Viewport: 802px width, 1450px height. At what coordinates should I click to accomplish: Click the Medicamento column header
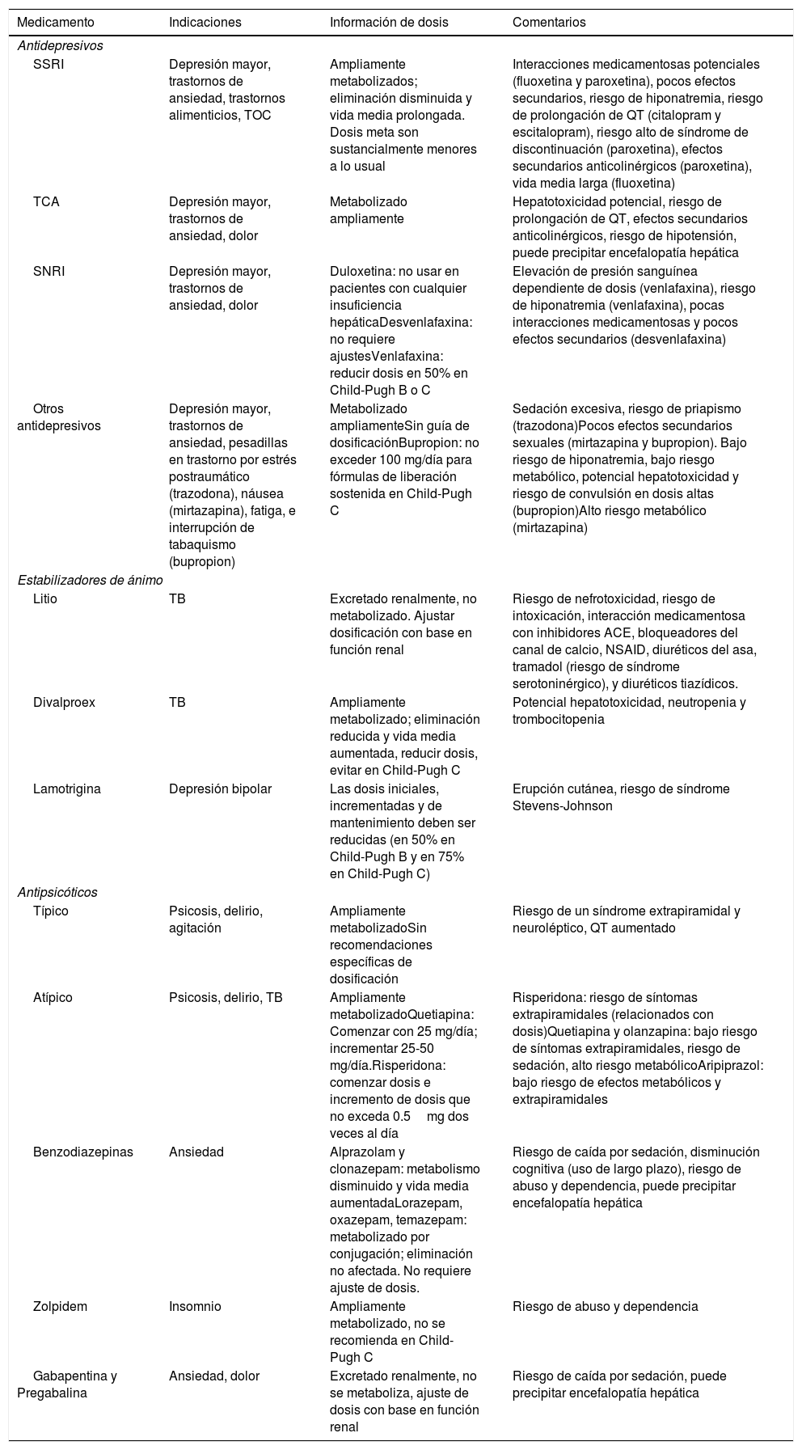(55, 23)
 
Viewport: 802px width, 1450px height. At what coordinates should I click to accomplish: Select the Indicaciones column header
(205, 23)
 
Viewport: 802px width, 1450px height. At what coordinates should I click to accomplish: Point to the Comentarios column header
(549, 23)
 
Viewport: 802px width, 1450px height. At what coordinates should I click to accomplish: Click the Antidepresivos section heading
(60, 46)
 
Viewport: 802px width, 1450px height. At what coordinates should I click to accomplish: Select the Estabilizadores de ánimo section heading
(90, 581)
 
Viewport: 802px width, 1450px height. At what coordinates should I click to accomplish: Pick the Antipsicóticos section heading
(57, 893)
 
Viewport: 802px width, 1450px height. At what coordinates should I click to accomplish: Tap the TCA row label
(46, 201)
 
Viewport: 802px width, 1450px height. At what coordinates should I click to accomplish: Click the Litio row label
(45, 599)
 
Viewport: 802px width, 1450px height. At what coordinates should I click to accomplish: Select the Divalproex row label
(64, 702)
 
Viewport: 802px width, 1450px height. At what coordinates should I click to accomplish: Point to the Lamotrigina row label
(67, 788)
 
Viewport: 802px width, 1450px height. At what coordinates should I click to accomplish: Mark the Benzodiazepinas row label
(83, 1152)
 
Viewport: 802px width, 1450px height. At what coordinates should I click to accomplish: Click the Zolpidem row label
(60, 1306)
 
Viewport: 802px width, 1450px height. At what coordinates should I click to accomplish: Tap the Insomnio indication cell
(195, 1306)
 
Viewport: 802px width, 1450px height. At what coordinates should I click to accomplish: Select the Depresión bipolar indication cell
(220, 788)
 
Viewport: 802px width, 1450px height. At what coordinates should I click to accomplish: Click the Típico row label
(51, 911)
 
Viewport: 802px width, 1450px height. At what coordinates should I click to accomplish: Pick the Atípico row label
(53, 997)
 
